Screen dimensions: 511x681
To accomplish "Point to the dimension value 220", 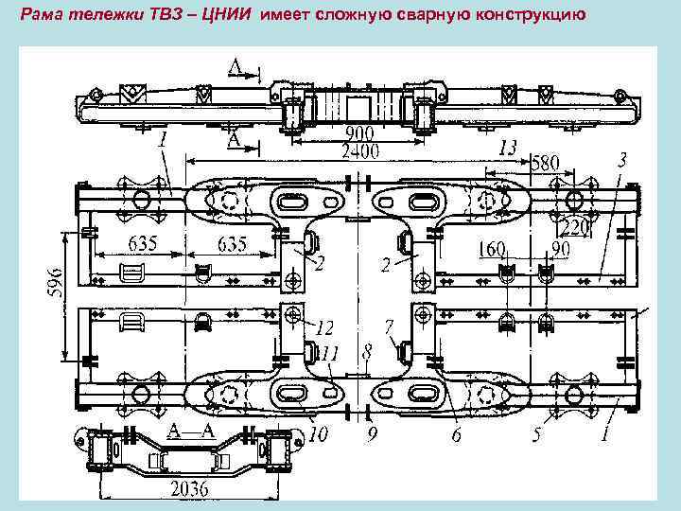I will (576, 228).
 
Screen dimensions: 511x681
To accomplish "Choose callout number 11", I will (329, 354).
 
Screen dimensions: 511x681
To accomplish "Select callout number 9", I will (373, 436).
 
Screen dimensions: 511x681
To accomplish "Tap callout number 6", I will (456, 436).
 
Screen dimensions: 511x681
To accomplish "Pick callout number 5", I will (535, 436).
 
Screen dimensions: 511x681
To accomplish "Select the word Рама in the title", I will (42, 15).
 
